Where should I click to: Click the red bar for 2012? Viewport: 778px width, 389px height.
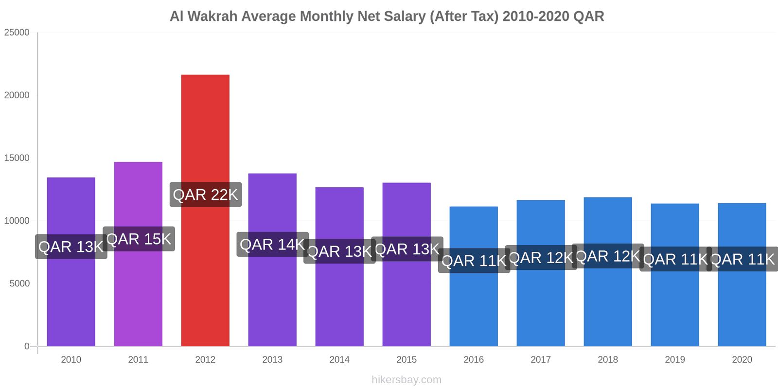tap(205, 136)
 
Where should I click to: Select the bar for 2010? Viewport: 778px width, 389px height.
tap(71, 301)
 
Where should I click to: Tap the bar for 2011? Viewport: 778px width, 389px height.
tap(138, 301)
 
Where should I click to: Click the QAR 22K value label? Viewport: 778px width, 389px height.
tap(205, 195)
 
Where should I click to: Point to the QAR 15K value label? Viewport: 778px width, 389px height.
tap(139, 239)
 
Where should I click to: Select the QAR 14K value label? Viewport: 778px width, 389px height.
tap(272, 245)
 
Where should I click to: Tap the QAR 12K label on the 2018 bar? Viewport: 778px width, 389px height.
tap(608, 256)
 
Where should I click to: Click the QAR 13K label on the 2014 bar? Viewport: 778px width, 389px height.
tap(339, 251)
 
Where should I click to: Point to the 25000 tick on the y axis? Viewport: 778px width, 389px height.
tap(17, 33)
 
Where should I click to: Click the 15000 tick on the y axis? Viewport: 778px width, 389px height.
tap(17, 158)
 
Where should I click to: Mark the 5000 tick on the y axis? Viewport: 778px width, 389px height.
tap(19, 283)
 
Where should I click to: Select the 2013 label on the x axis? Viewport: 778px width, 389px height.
tap(272, 360)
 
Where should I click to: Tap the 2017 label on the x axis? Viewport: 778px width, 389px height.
tap(541, 360)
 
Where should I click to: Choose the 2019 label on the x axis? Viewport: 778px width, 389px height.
tap(675, 360)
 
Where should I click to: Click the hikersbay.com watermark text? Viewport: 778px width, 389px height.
tap(407, 380)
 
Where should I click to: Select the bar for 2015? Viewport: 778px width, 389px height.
tap(407, 301)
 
